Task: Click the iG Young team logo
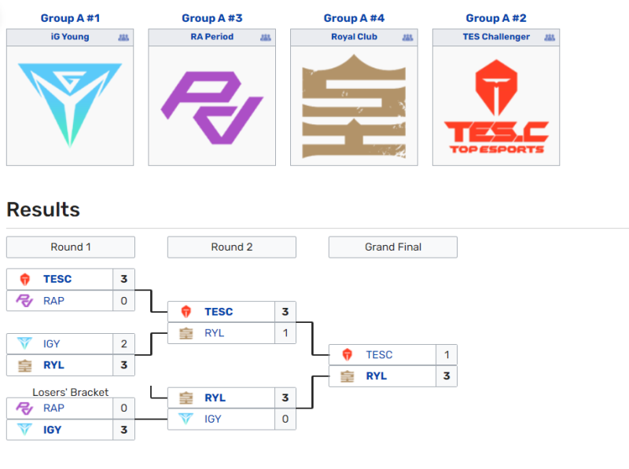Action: (70, 104)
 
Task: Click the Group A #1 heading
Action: (70, 18)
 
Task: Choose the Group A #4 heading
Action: (354, 18)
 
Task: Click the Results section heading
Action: (43, 210)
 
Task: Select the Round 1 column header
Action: (71, 247)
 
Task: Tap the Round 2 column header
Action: (232, 247)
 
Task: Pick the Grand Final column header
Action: (393, 247)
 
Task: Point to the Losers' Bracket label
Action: (71, 392)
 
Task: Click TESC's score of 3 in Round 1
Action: (124, 279)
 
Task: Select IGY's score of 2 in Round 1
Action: (124, 343)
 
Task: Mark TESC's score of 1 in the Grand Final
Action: (446, 354)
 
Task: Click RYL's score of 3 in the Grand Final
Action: (446, 376)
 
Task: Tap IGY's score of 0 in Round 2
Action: (285, 419)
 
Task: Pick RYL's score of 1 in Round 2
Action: (285, 332)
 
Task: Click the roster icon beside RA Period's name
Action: (265, 37)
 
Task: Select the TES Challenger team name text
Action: (496, 37)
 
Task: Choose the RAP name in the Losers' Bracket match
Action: (54, 408)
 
